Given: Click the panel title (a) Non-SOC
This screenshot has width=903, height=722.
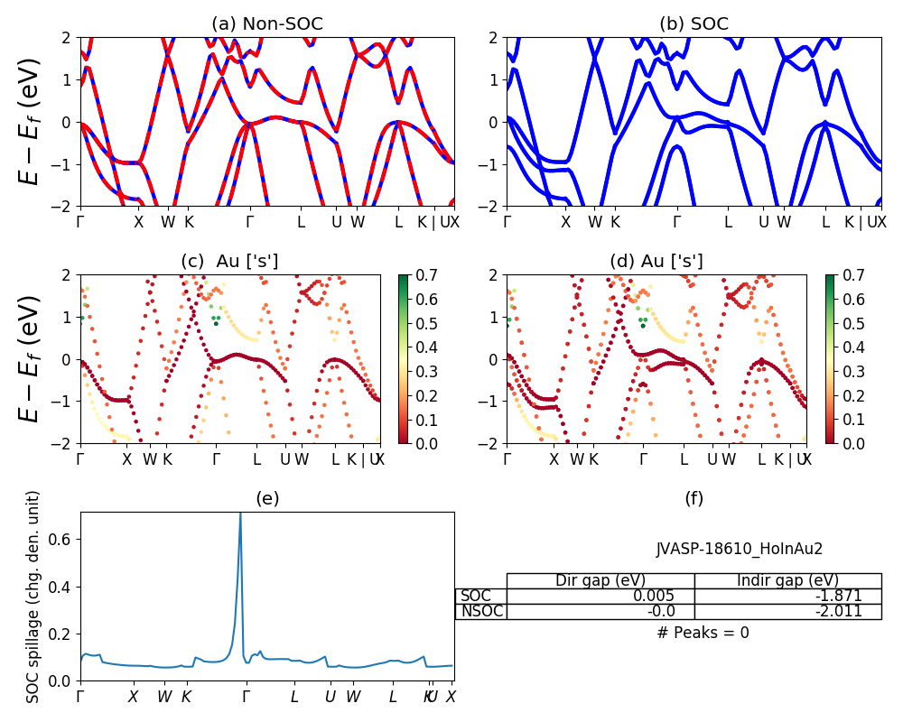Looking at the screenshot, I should point(267,23).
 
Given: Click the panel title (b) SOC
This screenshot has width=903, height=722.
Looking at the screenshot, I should point(694,23).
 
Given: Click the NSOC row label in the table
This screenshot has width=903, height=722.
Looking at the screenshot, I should point(481,611).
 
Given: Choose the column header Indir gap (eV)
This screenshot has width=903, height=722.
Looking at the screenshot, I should point(787,580).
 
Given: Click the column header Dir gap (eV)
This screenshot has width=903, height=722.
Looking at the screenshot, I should point(600,580).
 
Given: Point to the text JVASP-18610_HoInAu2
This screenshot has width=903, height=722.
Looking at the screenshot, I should point(740,548).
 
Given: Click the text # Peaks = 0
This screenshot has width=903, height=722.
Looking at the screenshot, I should point(703,633).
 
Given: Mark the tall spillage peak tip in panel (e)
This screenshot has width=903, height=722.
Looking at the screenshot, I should point(240,514).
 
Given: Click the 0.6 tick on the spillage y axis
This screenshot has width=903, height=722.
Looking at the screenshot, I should point(64,539).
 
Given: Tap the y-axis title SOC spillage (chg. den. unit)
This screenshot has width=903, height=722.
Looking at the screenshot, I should point(33,597).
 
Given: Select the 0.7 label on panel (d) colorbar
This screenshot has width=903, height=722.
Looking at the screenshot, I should point(851,274).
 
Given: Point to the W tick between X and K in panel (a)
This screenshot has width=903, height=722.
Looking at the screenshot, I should point(168,222).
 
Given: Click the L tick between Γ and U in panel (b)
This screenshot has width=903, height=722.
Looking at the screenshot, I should point(728,222).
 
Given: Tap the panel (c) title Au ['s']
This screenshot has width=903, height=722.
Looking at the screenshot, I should point(229,261).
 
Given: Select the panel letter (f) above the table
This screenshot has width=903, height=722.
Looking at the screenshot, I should point(694,498).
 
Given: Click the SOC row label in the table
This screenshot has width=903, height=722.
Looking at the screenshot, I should point(476,596).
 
